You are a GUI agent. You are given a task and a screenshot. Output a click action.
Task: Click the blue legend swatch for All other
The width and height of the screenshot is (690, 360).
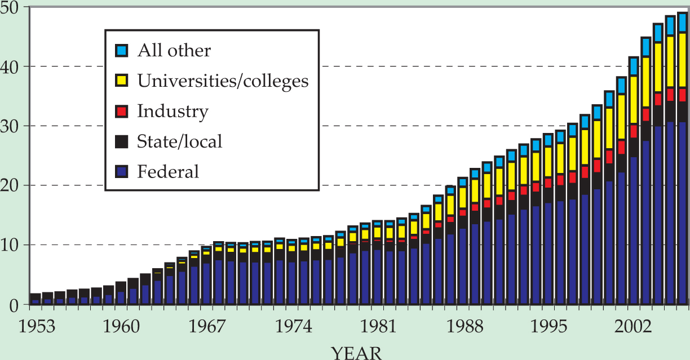click(121, 51)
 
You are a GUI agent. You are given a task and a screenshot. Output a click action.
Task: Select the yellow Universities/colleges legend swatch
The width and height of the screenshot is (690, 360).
click(121, 81)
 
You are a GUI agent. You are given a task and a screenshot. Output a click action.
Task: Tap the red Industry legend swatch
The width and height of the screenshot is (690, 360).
click(121, 111)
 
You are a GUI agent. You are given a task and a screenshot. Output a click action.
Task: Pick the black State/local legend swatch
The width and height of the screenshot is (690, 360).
click(121, 141)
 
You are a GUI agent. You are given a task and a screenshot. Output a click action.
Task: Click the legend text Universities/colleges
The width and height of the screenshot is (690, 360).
click(223, 81)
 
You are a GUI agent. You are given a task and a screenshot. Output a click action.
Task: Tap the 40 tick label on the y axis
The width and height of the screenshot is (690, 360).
click(12, 66)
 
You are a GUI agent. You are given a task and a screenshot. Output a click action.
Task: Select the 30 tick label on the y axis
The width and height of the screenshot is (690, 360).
click(12, 126)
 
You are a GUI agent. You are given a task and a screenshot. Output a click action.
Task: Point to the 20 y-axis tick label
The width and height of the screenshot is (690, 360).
click(12, 185)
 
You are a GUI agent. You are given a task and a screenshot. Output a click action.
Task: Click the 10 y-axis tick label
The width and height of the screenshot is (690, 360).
click(12, 245)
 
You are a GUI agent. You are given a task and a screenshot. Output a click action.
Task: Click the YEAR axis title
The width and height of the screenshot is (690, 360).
click(356, 353)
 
